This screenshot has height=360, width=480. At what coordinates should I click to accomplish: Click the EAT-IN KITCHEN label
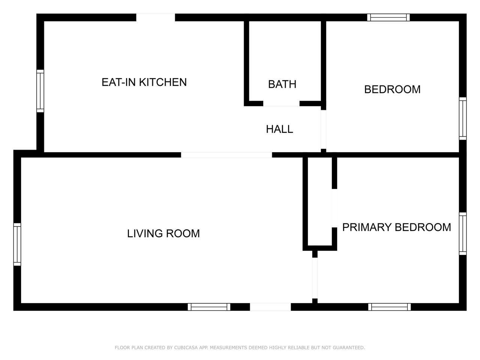point(144,82)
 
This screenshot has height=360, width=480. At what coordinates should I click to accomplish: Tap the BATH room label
point(282,84)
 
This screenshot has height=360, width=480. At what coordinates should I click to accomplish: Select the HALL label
point(279,129)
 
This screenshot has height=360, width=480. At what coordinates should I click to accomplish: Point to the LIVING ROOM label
point(163,234)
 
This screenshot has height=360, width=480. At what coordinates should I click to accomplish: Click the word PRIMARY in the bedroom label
point(367,227)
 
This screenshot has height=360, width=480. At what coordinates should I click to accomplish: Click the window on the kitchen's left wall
point(40,91)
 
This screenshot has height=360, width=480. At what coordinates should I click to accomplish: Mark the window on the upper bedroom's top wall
point(388,17)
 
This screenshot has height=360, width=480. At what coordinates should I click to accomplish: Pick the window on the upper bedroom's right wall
point(462,118)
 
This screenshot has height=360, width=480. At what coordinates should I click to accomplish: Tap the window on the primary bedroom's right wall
point(462,234)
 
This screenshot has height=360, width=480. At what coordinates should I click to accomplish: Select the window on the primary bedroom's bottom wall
point(389,307)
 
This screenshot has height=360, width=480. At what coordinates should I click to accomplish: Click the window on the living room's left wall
point(17,244)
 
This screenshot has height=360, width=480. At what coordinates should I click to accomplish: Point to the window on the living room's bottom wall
point(209,307)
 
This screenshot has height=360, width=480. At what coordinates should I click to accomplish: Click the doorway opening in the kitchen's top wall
point(156,17)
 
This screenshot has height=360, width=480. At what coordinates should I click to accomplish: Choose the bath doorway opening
point(281,104)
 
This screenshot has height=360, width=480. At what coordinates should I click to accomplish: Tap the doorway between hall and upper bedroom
point(323,129)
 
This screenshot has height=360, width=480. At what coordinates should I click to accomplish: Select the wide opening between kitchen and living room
point(226,155)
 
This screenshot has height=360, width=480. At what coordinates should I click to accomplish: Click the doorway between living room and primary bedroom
point(315,278)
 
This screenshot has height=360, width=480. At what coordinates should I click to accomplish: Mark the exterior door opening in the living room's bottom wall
point(270,307)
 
